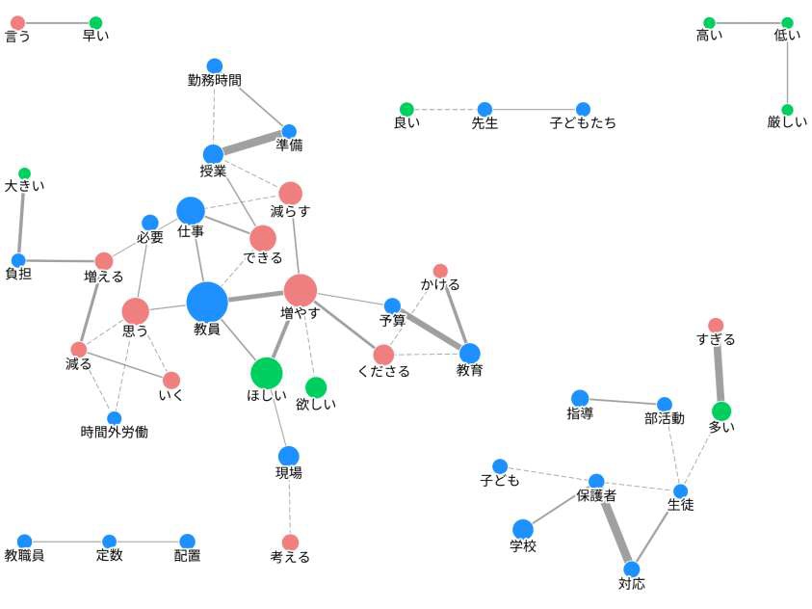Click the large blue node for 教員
coord(207,302)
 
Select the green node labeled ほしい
coord(267,372)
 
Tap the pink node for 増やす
coord(301,290)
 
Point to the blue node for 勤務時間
coord(215,66)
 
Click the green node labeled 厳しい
coord(787,110)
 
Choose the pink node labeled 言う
coord(17,22)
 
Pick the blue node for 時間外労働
coord(115,418)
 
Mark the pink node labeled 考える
coord(290,543)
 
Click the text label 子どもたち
coord(583,123)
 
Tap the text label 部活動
coord(665,418)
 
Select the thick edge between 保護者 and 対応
coord(615,525)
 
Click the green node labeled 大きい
coord(24,173)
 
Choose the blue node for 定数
coord(109,542)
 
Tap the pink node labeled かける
coord(440,271)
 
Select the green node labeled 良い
coord(406,109)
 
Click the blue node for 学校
coord(523,529)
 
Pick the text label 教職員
coord(24,556)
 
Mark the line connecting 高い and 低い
coord(748,22)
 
